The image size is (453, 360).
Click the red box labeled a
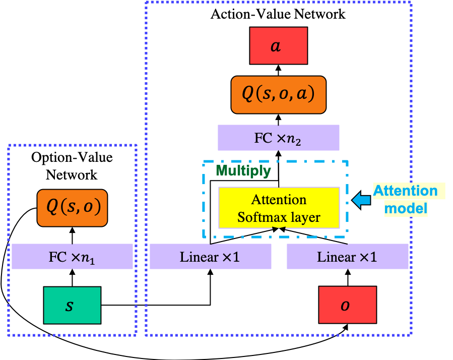[x=278, y=46]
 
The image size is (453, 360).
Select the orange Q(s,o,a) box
[x=279, y=95]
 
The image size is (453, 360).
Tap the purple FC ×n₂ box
[x=278, y=138]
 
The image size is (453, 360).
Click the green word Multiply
[x=243, y=171]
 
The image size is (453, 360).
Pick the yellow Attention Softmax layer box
[x=279, y=208]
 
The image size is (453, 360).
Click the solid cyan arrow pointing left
[x=360, y=200]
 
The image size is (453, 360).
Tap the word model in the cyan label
[x=406, y=208]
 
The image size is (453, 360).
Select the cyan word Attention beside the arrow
[x=405, y=191]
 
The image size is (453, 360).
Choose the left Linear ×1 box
[x=210, y=257]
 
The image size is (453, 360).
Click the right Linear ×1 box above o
[x=347, y=257]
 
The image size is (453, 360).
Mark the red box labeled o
[x=347, y=305]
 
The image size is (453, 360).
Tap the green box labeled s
[x=72, y=305]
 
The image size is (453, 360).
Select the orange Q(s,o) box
[x=73, y=207]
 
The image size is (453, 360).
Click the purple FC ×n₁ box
[x=72, y=257]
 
